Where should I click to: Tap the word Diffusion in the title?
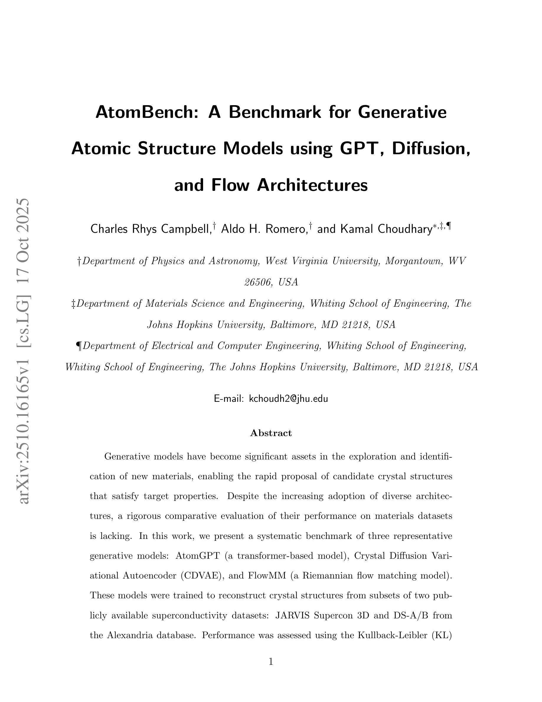[x=430, y=149]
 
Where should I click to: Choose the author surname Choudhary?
[x=404, y=229]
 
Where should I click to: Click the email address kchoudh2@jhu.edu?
[x=288, y=399]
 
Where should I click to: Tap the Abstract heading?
[x=271, y=433]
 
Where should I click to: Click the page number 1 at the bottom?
[x=271, y=662]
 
